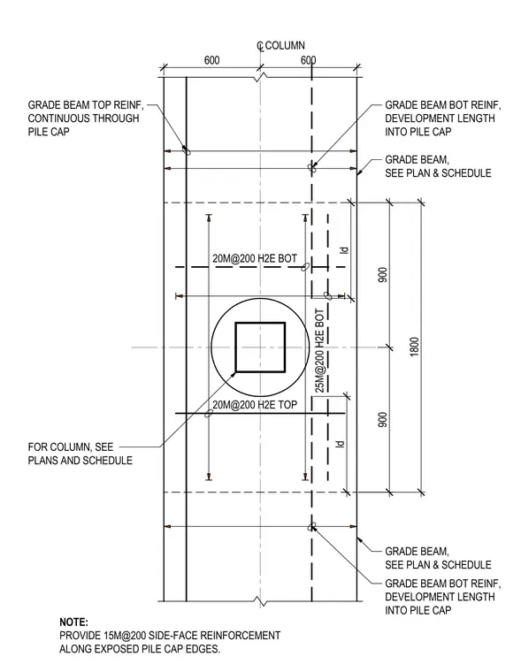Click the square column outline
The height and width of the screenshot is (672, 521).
tap(235, 347)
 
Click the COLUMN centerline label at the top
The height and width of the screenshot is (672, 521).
tap(285, 45)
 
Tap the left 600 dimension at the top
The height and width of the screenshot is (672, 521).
tap(211, 60)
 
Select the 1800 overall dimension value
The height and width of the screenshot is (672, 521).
tap(414, 347)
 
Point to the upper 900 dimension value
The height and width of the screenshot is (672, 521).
tap(383, 275)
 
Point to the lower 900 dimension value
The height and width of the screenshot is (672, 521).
tap(383, 420)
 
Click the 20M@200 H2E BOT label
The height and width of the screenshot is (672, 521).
tap(255, 258)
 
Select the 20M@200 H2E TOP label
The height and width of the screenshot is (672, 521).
tap(255, 405)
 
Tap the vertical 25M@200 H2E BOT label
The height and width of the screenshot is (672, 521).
tap(320, 350)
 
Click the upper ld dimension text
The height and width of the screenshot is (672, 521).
tap(344, 250)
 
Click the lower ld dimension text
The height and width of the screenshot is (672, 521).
tap(340, 444)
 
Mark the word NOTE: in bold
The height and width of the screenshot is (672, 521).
tap(73, 622)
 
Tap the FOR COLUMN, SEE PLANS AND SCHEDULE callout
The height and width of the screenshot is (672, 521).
tap(80, 454)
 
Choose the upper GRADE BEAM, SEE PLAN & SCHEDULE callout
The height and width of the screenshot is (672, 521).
tap(438, 166)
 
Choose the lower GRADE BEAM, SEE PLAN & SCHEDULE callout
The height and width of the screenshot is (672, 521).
tap(438, 558)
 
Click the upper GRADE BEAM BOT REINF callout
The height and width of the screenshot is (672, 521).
tap(442, 118)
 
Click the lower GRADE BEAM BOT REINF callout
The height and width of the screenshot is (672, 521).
tap(442, 597)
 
